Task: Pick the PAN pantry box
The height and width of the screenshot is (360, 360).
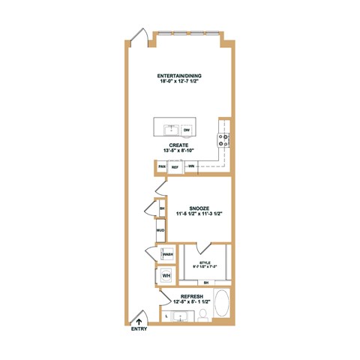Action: click(x=162, y=166)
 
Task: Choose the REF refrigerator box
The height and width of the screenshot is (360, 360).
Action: click(x=174, y=167)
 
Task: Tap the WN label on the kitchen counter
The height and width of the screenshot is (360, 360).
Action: click(x=191, y=166)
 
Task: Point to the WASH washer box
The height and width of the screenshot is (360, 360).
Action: click(x=167, y=254)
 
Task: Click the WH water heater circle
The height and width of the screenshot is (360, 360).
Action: click(x=166, y=276)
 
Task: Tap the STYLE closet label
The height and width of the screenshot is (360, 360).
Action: click(x=205, y=262)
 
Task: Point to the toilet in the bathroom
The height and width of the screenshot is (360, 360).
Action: click(x=202, y=315)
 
